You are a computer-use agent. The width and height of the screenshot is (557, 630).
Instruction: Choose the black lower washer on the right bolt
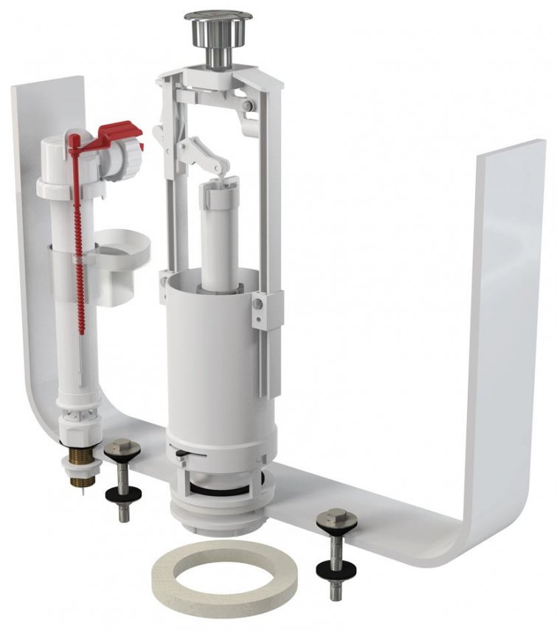pyautogui.click(x=334, y=570)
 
